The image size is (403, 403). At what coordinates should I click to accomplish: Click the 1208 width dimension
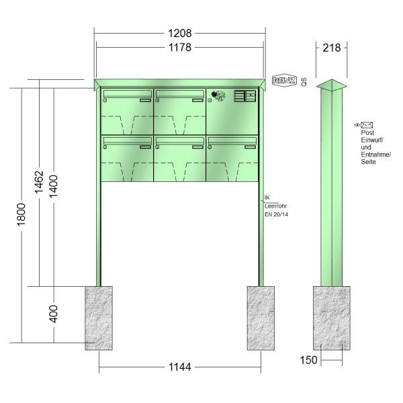[179, 33]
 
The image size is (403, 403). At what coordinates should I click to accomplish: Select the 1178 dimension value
[179, 48]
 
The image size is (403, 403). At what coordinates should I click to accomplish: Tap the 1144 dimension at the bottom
[179, 367]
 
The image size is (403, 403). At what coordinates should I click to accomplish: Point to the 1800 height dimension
[21, 215]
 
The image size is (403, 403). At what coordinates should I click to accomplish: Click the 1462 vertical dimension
[39, 182]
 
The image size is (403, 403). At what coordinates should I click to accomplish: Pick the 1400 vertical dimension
[54, 186]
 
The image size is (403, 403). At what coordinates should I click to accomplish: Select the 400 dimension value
[54, 314]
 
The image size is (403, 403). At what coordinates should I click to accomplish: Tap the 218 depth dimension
[332, 48]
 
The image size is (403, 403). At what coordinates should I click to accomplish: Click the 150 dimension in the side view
[309, 360]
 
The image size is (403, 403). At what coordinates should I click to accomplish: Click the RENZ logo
[284, 81]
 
